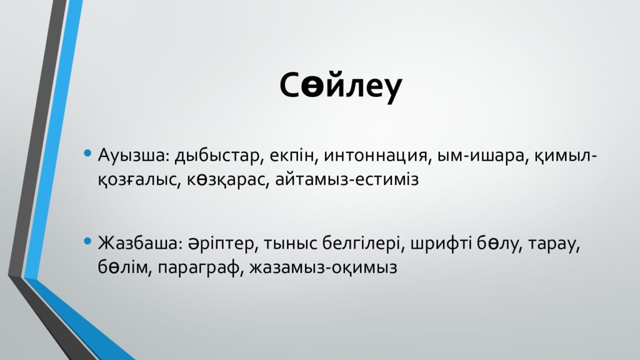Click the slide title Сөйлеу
click(x=341, y=87)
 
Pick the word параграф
click(x=199, y=267)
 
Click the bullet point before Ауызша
click(x=88, y=153)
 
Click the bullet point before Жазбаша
click(x=88, y=241)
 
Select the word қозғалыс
click(x=137, y=180)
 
